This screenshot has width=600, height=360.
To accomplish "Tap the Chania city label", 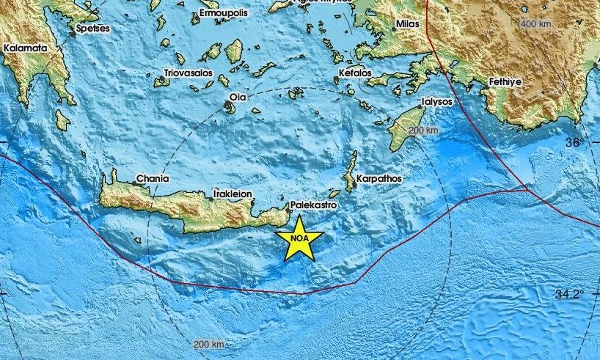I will [153, 178].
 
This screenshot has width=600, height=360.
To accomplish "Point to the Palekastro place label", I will [313, 206].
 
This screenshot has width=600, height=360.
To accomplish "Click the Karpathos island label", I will [378, 178].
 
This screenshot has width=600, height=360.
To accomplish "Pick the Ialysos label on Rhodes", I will [436, 103].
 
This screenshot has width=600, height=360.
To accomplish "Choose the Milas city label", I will [408, 24].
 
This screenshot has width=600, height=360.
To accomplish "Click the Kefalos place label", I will [356, 73].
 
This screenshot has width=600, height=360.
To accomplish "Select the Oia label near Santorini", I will [235, 96].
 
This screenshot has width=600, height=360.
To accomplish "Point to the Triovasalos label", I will [188, 73].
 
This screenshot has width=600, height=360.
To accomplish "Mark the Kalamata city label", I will [25, 48].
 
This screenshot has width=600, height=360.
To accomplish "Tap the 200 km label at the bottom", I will [209, 344].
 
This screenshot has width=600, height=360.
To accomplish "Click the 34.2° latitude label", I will [569, 294].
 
